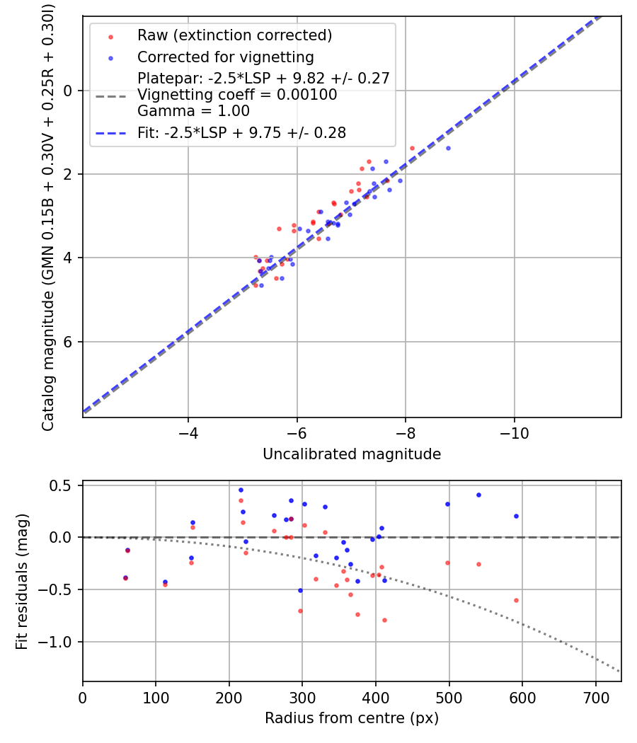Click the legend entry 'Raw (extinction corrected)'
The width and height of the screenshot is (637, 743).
pos(234,35)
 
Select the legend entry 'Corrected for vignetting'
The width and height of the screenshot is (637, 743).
pos(225,57)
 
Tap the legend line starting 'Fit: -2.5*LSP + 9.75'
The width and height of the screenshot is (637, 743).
pos(241,132)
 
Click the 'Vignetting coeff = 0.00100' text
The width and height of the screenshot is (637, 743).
pos(237,95)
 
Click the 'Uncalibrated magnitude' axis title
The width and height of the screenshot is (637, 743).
pos(352,454)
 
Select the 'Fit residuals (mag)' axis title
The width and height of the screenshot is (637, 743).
pos(22,581)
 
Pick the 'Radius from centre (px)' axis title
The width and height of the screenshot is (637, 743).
pos(352,718)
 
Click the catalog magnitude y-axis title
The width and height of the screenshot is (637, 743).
pos(48,216)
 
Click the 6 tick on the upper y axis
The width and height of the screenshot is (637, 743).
pos(68,342)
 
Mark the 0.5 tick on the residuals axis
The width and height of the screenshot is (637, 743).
pos(64,485)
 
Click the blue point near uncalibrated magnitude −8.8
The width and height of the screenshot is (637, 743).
pos(448,148)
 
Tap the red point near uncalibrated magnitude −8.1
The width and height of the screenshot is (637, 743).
pos(412,148)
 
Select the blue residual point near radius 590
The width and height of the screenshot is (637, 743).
pos(516,516)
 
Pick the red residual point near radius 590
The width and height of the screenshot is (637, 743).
pos(516,600)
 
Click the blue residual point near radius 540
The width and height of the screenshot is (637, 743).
pos(478,495)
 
